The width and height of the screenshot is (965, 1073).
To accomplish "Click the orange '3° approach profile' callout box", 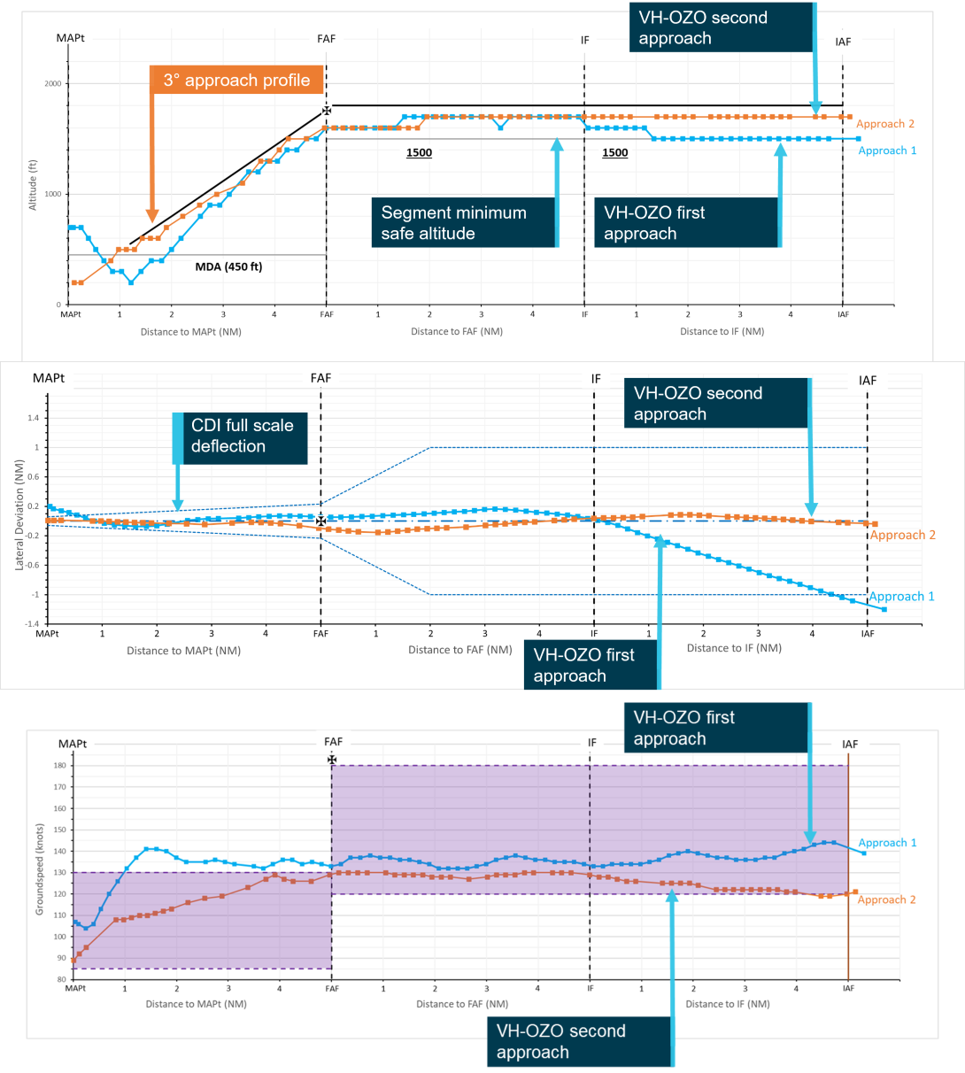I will click(x=236, y=81).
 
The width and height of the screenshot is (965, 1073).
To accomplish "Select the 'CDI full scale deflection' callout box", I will click(x=241, y=436).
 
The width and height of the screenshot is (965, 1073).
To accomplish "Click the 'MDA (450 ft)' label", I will click(x=228, y=266).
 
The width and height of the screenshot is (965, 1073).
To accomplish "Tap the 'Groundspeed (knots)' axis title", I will click(x=40, y=868).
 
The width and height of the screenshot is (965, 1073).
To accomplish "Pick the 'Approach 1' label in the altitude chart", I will click(x=887, y=151).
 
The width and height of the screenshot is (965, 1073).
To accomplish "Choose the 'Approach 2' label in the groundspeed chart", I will click(x=887, y=899).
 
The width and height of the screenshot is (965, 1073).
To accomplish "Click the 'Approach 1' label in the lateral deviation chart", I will click(x=901, y=597).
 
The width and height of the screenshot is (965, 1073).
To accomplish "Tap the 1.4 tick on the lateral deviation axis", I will click(x=33, y=418).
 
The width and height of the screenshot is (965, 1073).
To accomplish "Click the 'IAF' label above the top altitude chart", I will click(x=843, y=42).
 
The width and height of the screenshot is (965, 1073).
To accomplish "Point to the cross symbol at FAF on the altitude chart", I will click(x=327, y=111).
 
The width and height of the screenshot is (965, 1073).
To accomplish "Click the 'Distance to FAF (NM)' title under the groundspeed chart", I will click(x=462, y=1004).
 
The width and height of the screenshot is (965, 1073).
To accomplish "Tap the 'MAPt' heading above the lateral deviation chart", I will click(x=49, y=378).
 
